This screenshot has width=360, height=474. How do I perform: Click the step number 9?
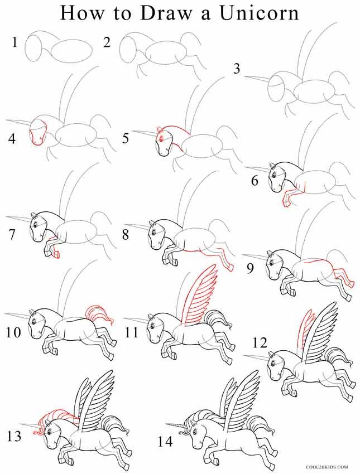(251, 268)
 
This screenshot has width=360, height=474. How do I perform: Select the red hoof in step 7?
(56, 255)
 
